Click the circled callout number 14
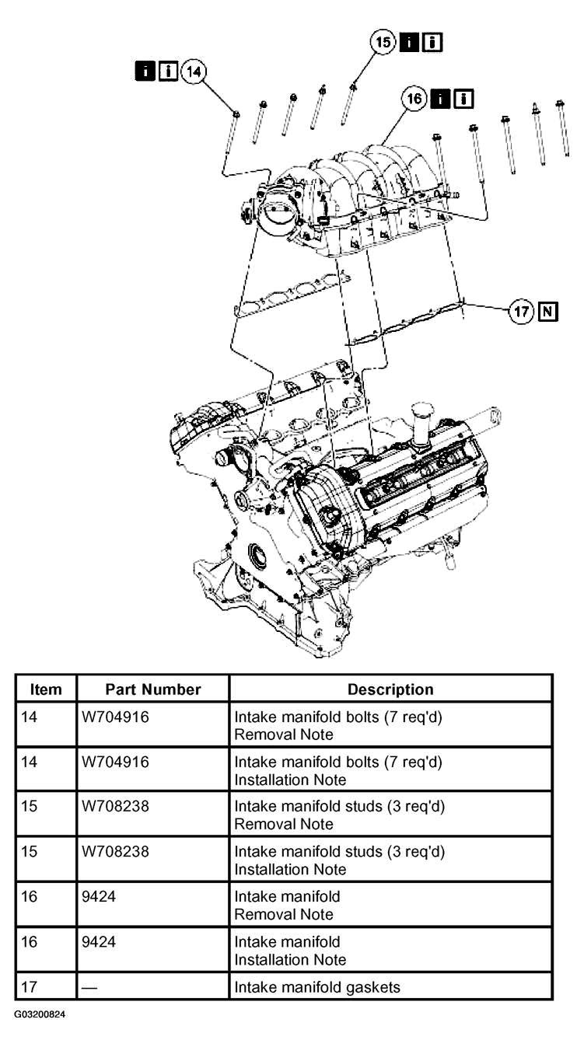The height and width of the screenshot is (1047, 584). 194,72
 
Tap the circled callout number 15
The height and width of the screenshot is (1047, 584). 383,43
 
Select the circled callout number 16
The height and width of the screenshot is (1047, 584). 414,99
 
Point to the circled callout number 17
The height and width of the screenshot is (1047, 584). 521,311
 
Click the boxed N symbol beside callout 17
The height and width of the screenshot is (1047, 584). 548,311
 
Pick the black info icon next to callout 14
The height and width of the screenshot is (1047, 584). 145,71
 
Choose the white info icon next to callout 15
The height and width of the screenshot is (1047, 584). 432,43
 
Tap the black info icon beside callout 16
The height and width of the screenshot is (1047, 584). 440,99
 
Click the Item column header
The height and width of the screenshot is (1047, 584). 46,689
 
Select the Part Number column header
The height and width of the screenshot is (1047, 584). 153,689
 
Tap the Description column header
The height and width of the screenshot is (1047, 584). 390,689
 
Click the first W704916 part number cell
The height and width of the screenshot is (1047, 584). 116,717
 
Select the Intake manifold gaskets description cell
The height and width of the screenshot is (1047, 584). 317,987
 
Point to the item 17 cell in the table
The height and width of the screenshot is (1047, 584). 29,987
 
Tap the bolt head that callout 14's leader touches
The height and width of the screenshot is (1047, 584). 236,113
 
